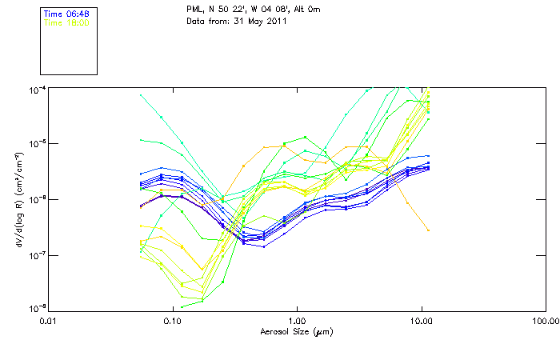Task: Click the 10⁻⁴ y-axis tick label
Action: click(x=36, y=88)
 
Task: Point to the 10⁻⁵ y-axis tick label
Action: click(x=36, y=143)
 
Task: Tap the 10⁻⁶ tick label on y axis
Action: click(x=36, y=199)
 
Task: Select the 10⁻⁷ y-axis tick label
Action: click(x=36, y=255)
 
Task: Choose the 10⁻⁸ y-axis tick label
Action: click(x=36, y=310)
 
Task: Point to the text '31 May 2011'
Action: click(x=261, y=21)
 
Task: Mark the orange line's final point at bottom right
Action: click(x=429, y=230)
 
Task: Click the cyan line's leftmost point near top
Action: click(x=141, y=95)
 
